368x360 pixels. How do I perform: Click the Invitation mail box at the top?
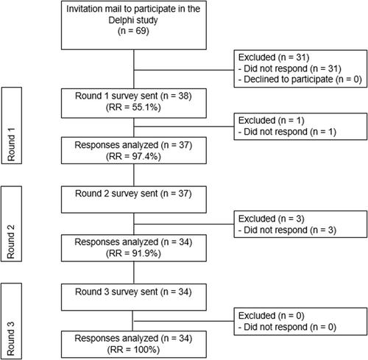(134, 25)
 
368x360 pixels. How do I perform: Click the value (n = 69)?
(133, 31)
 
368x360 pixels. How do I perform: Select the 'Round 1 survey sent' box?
(134, 103)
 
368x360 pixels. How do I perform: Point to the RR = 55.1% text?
(133, 107)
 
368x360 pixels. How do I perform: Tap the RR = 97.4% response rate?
(133, 156)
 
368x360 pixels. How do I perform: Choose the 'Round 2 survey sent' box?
(134, 200)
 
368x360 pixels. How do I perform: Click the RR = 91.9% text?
(133, 253)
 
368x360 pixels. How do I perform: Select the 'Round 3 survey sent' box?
(134, 297)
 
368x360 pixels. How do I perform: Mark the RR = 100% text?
(133, 350)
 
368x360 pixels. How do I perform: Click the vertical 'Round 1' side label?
(11, 144)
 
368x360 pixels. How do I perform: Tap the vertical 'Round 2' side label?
(11, 241)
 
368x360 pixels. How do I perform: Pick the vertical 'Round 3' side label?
(11, 339)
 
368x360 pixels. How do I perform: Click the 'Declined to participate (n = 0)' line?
(300, 80)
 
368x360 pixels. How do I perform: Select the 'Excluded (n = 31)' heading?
(274, 57)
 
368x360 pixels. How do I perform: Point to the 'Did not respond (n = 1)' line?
(287, 132)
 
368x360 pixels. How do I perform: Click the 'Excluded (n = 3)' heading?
(271, 219)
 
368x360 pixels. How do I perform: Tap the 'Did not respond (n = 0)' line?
(287, 327)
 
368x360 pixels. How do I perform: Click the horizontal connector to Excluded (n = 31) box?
(184, 70)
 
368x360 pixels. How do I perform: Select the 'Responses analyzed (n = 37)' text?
(133, 145)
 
